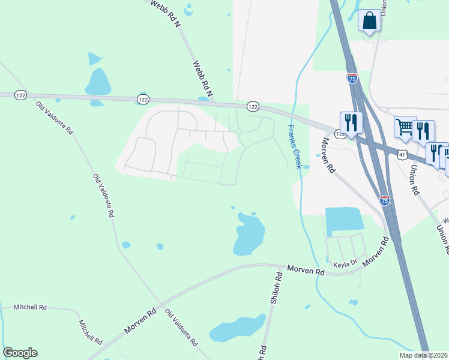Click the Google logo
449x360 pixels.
(x=20, y=353)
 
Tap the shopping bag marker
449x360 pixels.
(x=369, y=20)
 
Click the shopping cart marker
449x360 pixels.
(x=405, y=127)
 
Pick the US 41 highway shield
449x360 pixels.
(x=401, y=155)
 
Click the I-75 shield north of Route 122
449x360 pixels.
(x=352, y=78)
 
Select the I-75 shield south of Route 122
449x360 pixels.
(x=385, y=200)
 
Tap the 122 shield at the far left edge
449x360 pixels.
(x=21, y=95)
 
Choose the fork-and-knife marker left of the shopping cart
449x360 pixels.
(x=351, y=122)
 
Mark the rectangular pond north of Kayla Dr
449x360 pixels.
(x=344, y=220)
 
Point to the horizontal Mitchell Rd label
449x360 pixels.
(x=30, y=307)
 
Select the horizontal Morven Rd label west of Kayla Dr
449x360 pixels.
(x=306, y=271)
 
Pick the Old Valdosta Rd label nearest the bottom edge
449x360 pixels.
(x=182, y=328)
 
